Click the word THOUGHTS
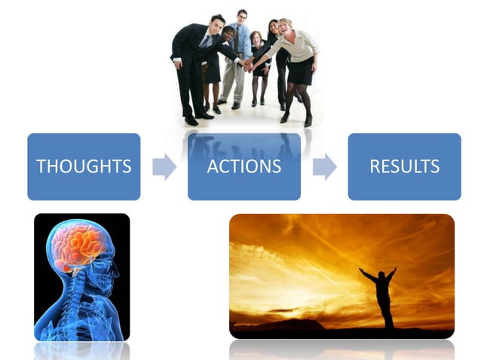(84, 166)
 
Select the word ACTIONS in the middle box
(244, 166)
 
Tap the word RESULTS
(404, 166)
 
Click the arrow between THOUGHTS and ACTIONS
(164, 166)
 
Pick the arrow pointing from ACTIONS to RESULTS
(324, 166)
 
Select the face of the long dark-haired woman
(273, 26)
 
